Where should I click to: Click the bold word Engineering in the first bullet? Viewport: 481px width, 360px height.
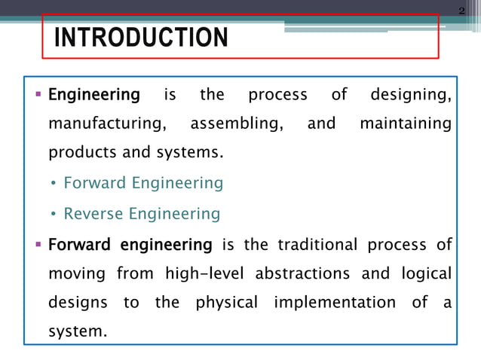[94, 96]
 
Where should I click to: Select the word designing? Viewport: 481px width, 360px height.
[411, 96]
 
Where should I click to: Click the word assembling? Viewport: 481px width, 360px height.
[237, 124]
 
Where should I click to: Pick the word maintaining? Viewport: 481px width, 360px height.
[406, 124]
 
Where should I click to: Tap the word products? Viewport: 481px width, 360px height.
[81, 154]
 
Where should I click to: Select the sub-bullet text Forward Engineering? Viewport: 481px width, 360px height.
[143, 183]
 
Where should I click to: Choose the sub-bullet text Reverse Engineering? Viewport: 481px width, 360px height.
[142, 214]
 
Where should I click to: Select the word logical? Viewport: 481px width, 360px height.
[424, 273]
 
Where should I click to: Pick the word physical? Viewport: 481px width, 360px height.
[226, 303]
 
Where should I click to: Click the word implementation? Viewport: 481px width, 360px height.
[334, 303]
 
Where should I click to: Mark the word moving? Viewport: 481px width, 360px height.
[78, 273]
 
